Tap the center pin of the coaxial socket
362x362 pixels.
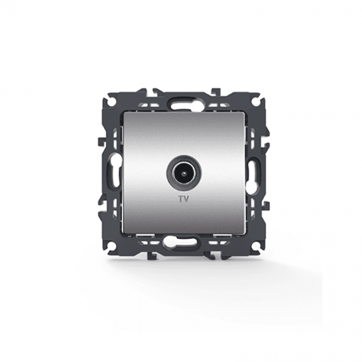[x=184, y=172]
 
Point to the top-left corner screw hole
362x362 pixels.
[x=113, y=101]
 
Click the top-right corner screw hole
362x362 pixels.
[x=255, y=101]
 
